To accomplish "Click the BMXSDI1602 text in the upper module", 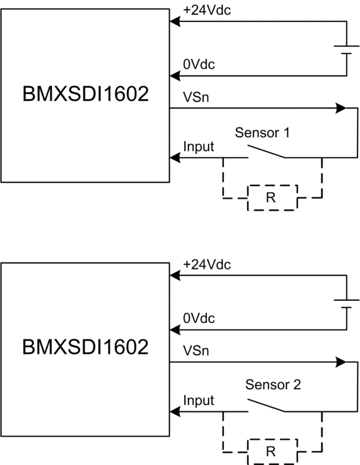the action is tap(85, 94).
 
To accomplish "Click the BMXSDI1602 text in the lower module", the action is tap(85, 347).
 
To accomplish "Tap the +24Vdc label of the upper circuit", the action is tap(207, 10).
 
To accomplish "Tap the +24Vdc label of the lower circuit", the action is tap(207, 264).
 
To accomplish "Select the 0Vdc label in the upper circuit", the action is tap(199, 64).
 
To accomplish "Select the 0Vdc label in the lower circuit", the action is tap(199, 319).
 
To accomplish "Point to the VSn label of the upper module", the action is tap(196, 97).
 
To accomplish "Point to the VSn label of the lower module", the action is tap(196, 351).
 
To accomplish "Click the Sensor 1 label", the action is tap(262, 132).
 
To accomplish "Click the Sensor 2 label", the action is tap(273, 385).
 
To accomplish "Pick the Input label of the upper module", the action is tap(199, 146).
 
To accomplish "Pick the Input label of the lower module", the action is tap(199, 401).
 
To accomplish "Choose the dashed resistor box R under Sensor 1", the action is tap(272, 185).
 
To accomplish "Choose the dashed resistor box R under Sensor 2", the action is tap(272, 440).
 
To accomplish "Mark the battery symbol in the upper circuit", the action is tap(346, 50).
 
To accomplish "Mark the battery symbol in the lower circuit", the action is tap(346, 304).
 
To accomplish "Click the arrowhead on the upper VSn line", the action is tap(340, 109).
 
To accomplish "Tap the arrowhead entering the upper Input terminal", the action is tap(175, 158).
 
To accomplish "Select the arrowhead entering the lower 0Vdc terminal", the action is tap(175, 330).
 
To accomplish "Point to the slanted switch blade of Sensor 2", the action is tap(266, 406).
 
